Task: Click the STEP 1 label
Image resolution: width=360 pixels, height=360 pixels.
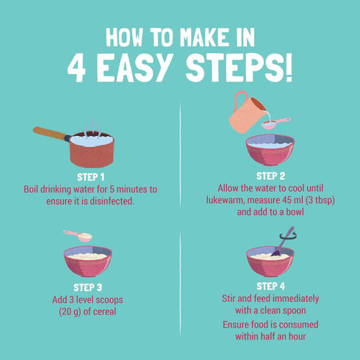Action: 90,177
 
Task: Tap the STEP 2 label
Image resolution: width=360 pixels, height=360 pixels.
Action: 270,176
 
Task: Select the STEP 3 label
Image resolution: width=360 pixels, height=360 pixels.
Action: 87,287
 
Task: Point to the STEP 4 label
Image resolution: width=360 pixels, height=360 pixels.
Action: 270,287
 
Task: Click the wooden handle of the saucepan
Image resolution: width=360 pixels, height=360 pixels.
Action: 51,134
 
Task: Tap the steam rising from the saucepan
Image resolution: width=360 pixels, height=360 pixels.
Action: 93,127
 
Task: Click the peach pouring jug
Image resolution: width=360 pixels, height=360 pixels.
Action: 246,112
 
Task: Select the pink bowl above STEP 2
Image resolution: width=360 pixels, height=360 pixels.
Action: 270,150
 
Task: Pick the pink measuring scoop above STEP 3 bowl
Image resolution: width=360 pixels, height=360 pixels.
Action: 78,236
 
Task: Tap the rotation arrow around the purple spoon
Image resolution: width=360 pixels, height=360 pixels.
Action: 288,237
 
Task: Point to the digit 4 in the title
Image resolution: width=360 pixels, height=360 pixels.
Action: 76,68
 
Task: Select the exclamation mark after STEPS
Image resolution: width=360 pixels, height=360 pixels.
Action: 289,68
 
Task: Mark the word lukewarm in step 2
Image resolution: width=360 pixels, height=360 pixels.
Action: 226,200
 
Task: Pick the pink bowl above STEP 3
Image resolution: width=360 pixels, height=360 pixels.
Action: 87,261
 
